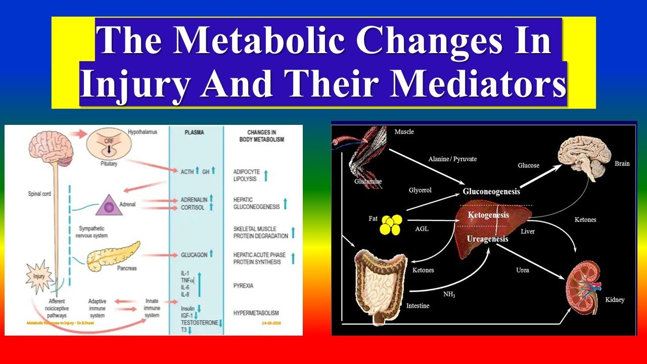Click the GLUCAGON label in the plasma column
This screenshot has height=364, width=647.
tap(194, 255)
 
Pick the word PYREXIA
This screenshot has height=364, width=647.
tap(244, 286)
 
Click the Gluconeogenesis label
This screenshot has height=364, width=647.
tap(491, 192)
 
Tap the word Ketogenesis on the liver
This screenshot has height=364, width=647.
tap(488, 215)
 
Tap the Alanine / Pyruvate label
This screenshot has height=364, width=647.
tap(453, 159)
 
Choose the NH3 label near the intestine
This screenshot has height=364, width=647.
tap(448, 294)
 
